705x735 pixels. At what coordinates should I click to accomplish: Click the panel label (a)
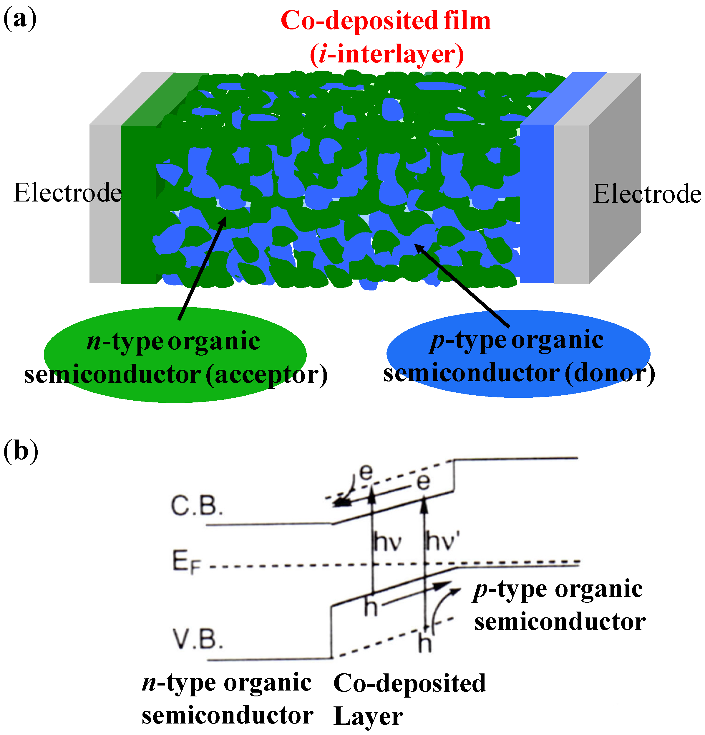(20, 19)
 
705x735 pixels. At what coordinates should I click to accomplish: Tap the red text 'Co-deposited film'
(385, 21)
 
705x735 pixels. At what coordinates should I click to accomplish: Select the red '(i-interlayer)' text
(387, 54)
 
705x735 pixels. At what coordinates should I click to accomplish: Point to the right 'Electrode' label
(647, 194)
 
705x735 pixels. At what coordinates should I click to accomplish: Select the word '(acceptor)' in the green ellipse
(266, 374)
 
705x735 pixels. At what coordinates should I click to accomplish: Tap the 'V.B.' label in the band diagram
(197, 639)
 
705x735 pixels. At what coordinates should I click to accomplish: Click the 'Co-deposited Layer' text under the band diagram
(409, 699)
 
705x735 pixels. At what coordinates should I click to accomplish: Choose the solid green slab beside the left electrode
(138, 204)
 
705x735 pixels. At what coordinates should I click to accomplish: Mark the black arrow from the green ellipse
(203, 268)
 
